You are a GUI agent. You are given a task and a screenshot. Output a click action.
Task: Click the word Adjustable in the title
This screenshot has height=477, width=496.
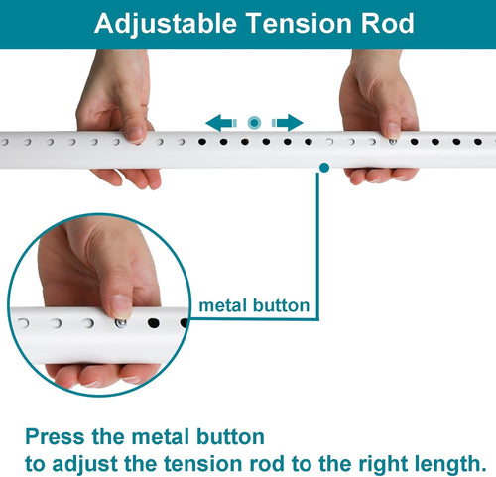point(166,24)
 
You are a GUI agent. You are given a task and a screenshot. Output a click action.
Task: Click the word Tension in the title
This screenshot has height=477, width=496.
point(299,23)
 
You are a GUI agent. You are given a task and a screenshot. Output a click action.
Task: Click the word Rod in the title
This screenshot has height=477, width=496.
point(387,23)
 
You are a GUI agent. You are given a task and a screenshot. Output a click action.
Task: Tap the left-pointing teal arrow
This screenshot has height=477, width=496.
point(221,123)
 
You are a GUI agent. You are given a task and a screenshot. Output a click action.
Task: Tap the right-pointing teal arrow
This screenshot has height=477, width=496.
point(287,123)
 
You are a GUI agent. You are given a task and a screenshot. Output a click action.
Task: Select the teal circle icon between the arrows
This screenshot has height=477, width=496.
point(254,123)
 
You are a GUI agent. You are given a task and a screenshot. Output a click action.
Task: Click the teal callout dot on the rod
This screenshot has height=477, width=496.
point(324,168)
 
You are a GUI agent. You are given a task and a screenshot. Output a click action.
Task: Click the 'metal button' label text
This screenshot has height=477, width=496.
point(254,305)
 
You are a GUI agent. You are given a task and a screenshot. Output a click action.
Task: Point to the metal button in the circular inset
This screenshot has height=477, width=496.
point(121,323)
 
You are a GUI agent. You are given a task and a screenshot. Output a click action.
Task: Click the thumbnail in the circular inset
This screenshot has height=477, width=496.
point(120,306)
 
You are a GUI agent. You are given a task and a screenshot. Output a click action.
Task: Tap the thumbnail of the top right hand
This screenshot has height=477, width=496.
point(393,130)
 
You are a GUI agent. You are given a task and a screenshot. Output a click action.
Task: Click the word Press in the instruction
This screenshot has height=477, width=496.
point(55,437)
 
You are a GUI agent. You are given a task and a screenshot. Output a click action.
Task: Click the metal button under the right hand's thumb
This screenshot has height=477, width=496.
point(393,142)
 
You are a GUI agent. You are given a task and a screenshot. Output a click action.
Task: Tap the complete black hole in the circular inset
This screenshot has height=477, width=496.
point(154,323)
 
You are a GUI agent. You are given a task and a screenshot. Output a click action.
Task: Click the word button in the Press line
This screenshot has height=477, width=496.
point(230,437)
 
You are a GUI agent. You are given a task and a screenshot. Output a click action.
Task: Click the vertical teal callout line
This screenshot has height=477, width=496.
point(317,246)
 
